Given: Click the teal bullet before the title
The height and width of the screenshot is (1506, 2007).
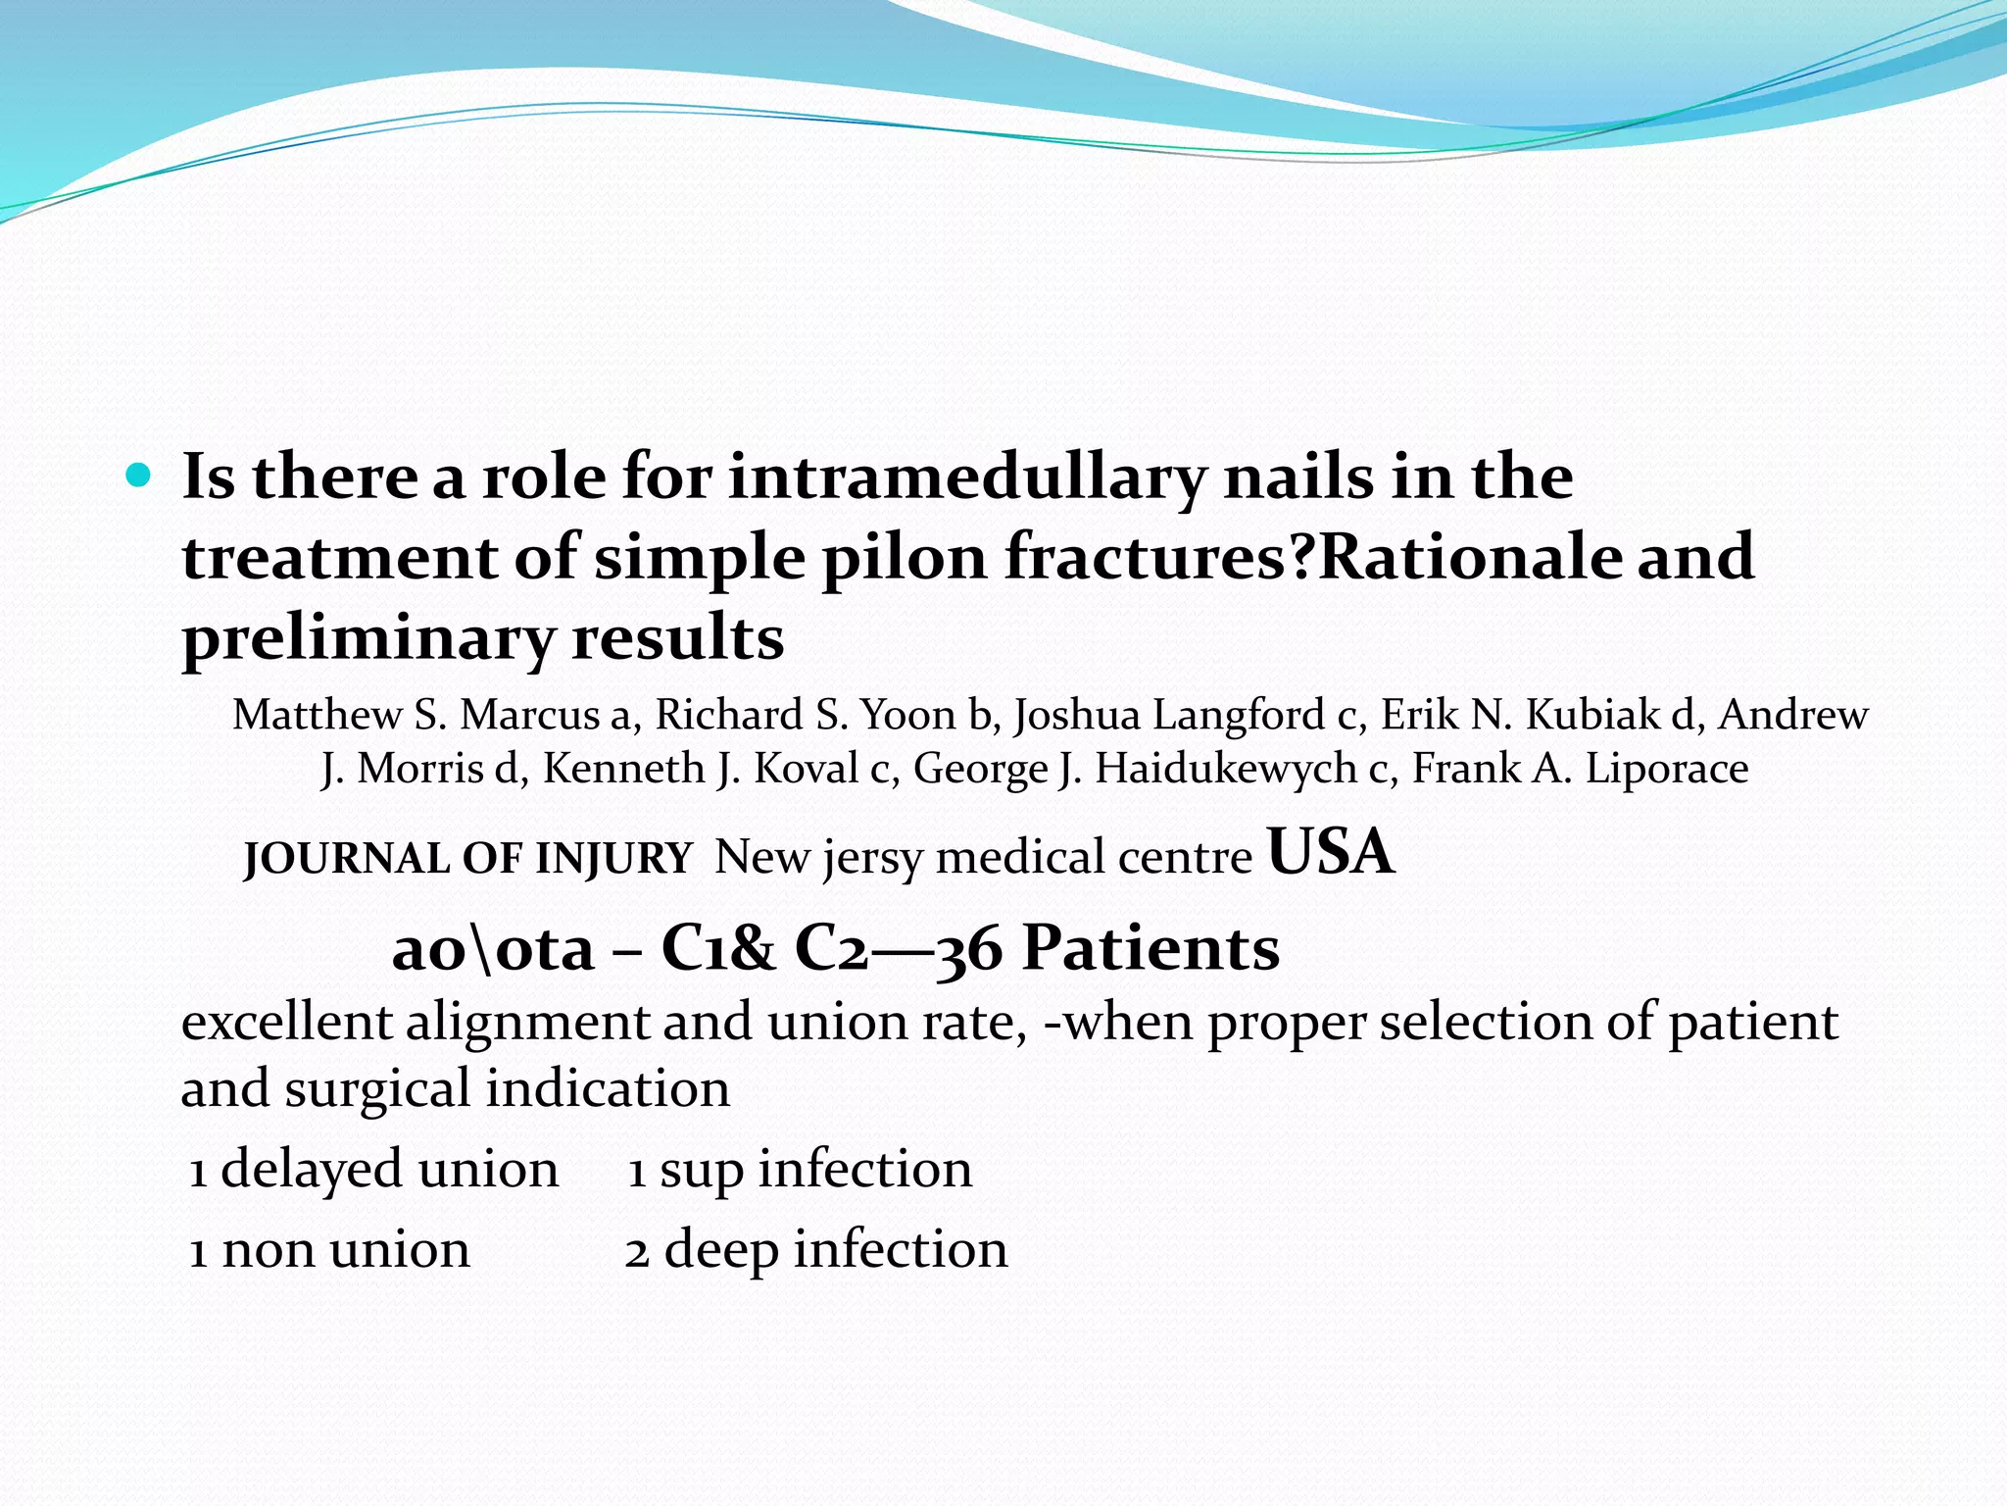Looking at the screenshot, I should [139, 477].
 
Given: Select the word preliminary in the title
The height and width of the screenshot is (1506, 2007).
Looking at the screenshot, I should [368, 638].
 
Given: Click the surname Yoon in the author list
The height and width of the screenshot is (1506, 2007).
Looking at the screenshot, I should [907, 715].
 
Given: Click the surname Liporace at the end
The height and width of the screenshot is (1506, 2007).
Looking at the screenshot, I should [1666, 769].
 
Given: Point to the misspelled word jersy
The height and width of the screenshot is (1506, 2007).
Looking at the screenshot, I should [873, 859].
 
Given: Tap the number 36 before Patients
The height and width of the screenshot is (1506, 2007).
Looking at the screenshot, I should [969, 949].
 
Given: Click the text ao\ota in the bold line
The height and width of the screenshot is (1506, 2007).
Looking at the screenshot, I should [493, 949].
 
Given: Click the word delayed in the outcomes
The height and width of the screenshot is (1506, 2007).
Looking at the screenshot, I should [312, 1169].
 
